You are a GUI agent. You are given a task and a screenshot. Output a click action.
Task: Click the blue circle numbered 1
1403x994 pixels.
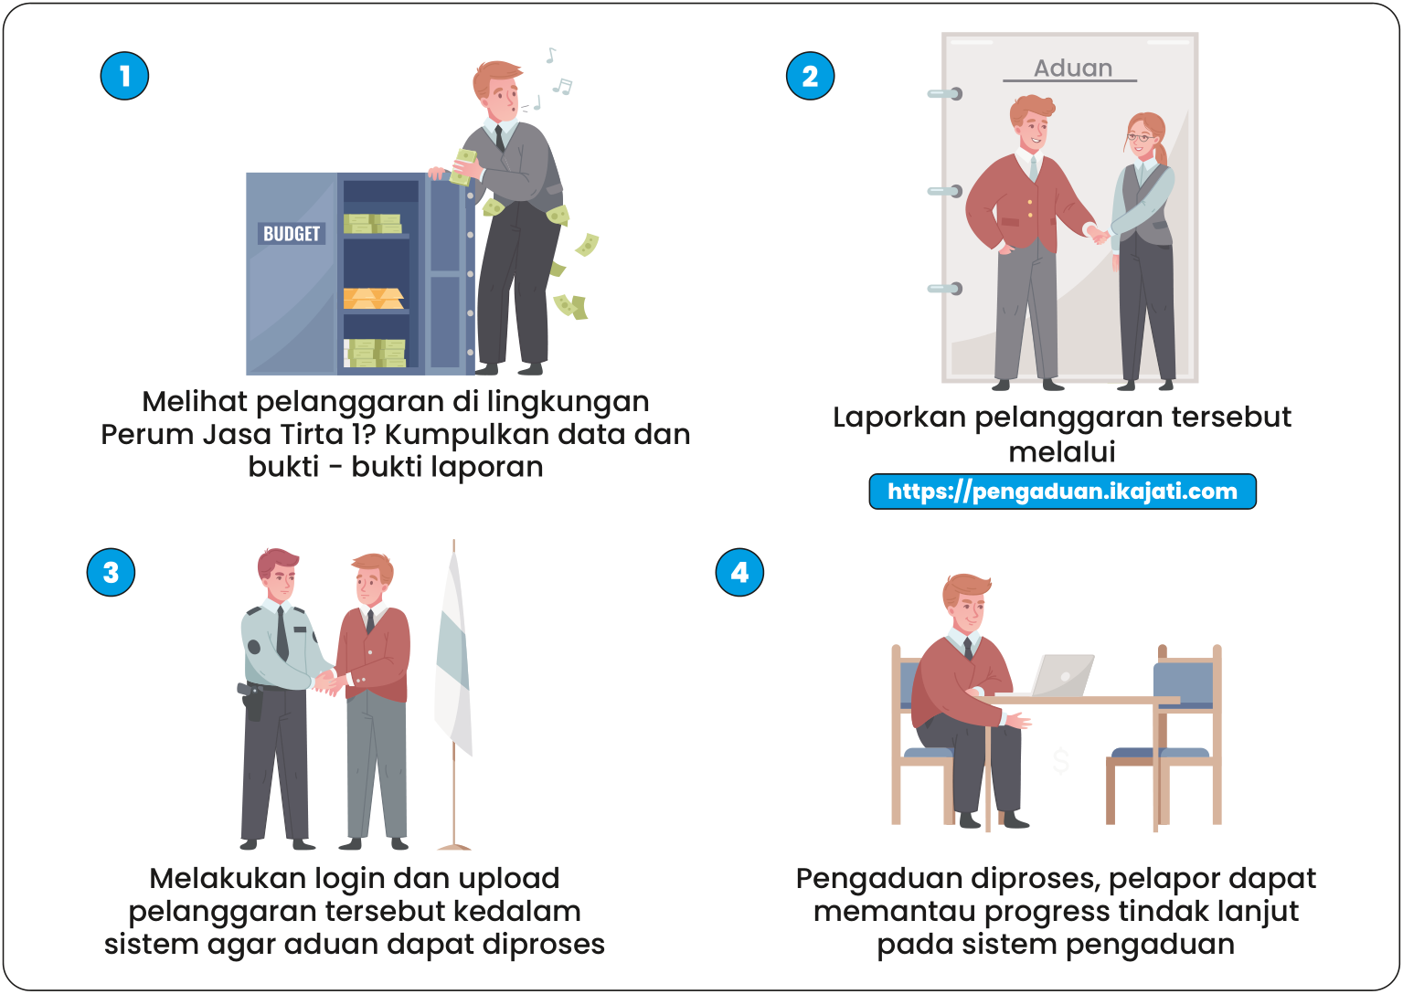(124, 76)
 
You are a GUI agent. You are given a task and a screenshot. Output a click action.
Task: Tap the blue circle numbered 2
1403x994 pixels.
(810, 76)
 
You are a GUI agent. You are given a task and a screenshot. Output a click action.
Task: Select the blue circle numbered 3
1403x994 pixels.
(111, 573)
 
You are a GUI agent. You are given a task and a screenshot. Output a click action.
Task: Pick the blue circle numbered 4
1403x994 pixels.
(739, 573)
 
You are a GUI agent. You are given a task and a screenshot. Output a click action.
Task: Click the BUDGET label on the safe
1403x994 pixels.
(292, 234)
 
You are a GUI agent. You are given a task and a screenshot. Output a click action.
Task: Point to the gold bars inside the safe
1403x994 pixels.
(373, 299)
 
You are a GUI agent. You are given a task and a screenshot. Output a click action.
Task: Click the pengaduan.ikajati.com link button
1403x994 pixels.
(1062, 492)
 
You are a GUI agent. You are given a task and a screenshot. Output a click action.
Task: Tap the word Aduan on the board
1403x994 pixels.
(1072, 69)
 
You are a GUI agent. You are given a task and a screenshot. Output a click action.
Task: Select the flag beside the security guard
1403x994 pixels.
(453, 658)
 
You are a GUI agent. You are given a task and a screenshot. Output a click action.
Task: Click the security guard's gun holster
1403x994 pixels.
(252, 702)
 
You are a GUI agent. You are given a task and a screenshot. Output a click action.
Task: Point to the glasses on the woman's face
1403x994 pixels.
(1139, 138)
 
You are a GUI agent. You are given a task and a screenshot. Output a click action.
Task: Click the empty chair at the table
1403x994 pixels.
(1174, 731)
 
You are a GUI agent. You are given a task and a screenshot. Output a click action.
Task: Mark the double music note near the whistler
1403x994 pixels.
(562, 87)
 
